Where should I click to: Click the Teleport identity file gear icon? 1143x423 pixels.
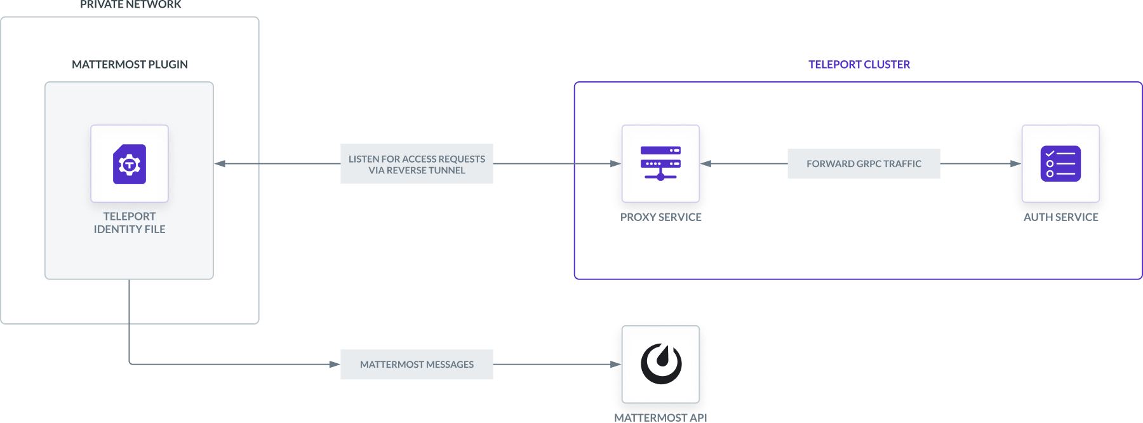coord(130,164)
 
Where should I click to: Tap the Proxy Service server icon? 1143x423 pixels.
coord(660,164)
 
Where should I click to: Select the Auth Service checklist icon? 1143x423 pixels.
coord(1060,164)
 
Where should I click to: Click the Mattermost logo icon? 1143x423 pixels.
coord(660,364)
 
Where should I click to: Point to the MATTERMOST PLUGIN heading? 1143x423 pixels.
coord(130,65)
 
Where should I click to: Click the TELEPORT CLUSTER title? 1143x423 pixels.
coord(859,65)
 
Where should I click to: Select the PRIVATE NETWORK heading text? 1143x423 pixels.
coord(130,5)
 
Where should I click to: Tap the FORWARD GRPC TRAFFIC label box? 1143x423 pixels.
coord(864,164)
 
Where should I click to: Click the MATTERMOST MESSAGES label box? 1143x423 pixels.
coord(417,365)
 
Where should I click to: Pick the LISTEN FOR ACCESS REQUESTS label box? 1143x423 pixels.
coord(417,164)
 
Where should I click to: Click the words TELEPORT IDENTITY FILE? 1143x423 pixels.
coord(130,223)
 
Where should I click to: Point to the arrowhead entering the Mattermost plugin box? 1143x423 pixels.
coord(220,164)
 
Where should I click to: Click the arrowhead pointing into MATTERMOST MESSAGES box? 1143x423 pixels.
coord(334,365)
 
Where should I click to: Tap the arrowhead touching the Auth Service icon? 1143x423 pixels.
coord(1016,164)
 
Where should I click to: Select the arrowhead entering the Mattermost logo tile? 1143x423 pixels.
coord(616,365)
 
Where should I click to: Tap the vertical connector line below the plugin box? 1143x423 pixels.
coord(130,321)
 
